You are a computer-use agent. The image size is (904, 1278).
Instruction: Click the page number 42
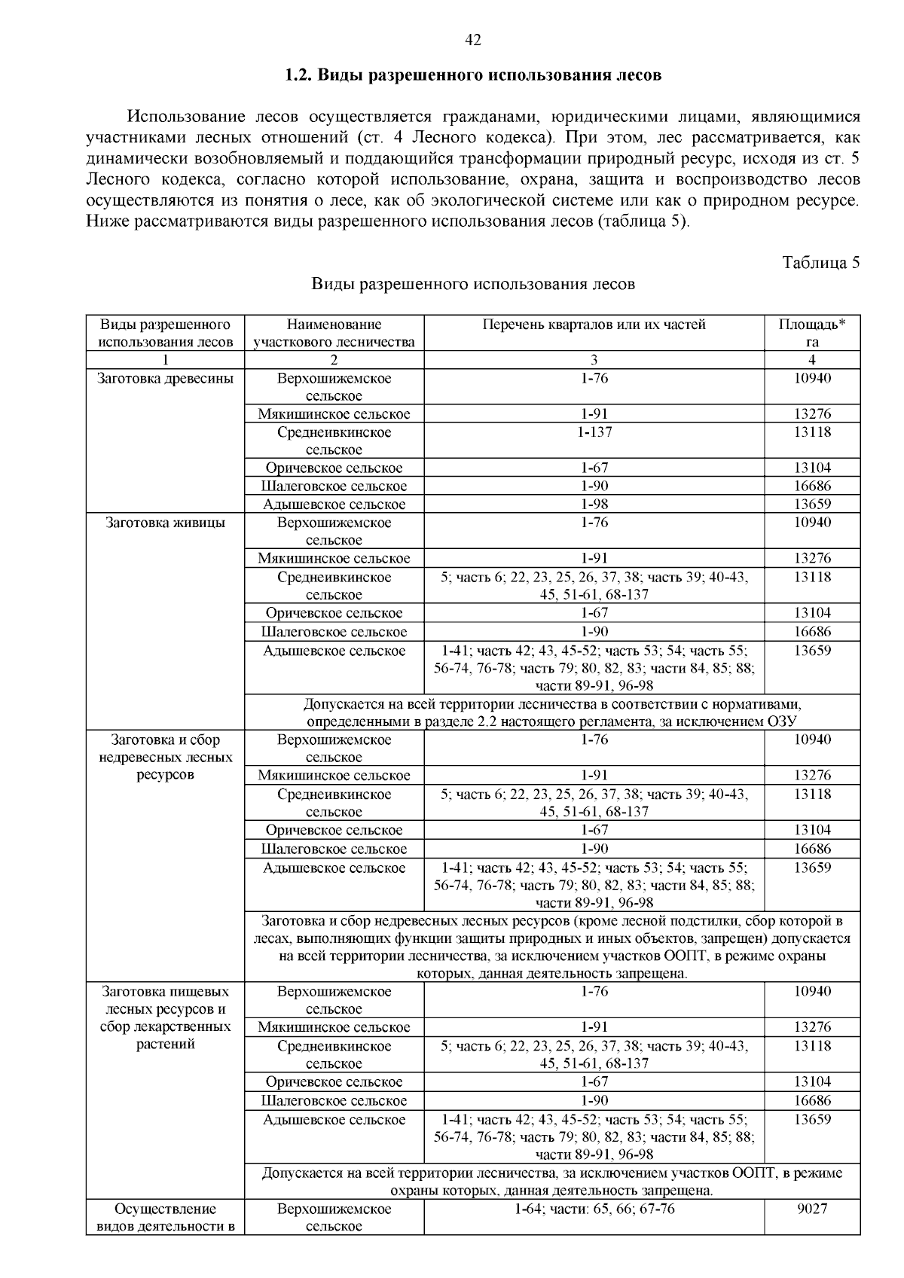point(473,41)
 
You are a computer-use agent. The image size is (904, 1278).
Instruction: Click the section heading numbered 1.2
point(473,75)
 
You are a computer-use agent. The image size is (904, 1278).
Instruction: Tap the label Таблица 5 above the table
point(820,263)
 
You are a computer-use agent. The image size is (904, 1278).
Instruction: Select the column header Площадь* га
point(811,333)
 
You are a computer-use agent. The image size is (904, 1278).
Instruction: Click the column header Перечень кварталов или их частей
point(594,325)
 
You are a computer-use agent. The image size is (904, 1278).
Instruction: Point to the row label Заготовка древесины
point(165,378)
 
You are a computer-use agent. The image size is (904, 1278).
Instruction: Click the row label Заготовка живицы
point(165,523)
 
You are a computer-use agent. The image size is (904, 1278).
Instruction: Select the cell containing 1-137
point(594,432)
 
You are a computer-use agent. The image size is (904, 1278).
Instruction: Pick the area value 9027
point(811,1209)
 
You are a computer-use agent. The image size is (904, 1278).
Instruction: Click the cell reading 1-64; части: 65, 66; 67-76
point(594,1209)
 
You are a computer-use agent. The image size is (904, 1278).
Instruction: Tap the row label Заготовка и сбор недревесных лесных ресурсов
point(165,757)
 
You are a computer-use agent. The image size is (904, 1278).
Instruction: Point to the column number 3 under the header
point(594,360)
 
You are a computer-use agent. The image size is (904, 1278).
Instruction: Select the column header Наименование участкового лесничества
point(334,333)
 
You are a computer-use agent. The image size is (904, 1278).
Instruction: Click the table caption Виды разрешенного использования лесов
point(473,284)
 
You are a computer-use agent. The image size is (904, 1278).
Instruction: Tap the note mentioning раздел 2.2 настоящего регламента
point(551,712)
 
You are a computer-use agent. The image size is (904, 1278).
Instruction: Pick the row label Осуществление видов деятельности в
point(165,1217)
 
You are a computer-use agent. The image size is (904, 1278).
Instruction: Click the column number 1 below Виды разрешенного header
point(165,360)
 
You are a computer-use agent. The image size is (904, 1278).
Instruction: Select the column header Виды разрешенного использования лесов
point(165,333)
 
